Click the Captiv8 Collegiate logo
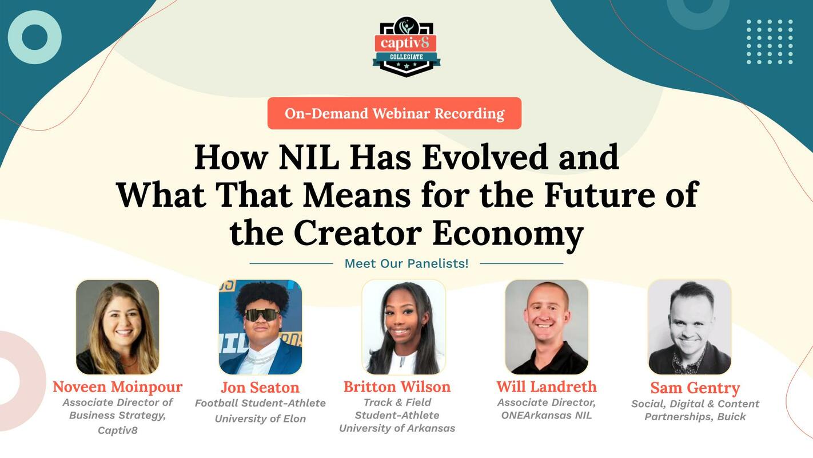[406, 46]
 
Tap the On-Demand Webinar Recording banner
[394, 113]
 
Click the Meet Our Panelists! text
[406, 263]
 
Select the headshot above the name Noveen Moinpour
[118, 327]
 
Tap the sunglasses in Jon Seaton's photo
[262, 315]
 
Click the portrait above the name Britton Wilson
[404, 327]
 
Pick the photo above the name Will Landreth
[547, 327]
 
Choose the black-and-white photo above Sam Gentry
[690, 327]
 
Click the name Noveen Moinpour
[117, 387]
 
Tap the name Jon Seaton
[260, 388]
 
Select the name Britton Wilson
[397, 387]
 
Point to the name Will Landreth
[547, 387]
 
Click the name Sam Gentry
[695, 388]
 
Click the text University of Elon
[260, 418]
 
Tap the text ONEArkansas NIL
[547, 416]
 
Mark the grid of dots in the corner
[770, 41]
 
